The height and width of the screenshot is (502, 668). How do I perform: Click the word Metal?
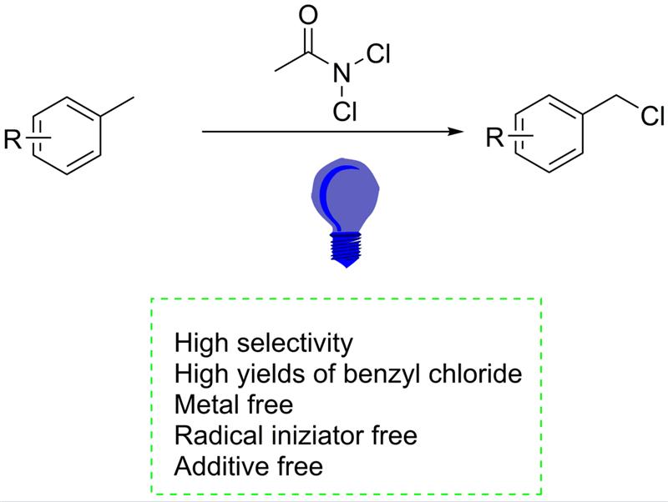pyautogui.click(x=205, y=404)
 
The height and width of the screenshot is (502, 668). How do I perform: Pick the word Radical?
pyautogui.click(x=212, y=434)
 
